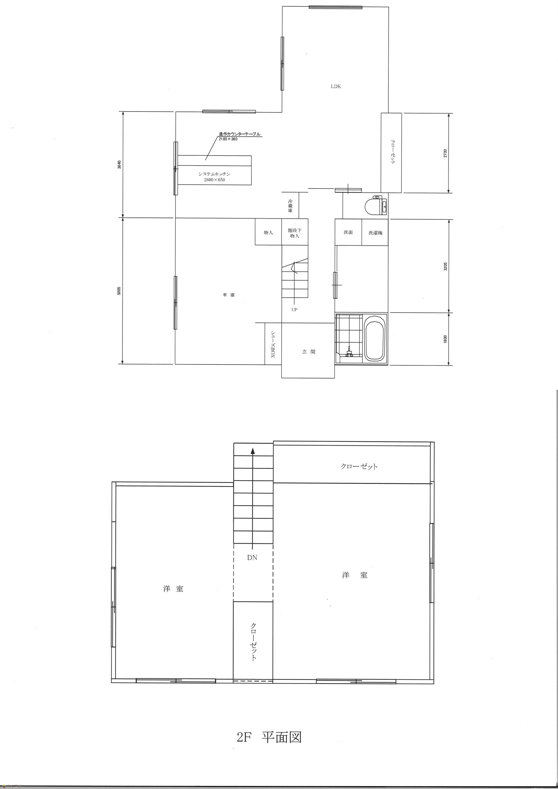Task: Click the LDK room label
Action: [x=336, y=86]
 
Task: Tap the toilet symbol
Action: [x=376, y=206]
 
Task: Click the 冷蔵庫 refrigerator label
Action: [x=290, y=206]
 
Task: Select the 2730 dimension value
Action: [x=445, y=153]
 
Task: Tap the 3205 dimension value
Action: [x=445, y=266]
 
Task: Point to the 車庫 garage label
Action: [x=229, y=295]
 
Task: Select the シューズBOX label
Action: [x=272, y=345]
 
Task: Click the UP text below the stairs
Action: [x=294, y=310]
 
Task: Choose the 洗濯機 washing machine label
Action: [x=376, y=233]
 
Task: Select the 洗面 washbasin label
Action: [x=348, y=232]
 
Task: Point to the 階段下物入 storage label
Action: [x=295, y=233]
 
